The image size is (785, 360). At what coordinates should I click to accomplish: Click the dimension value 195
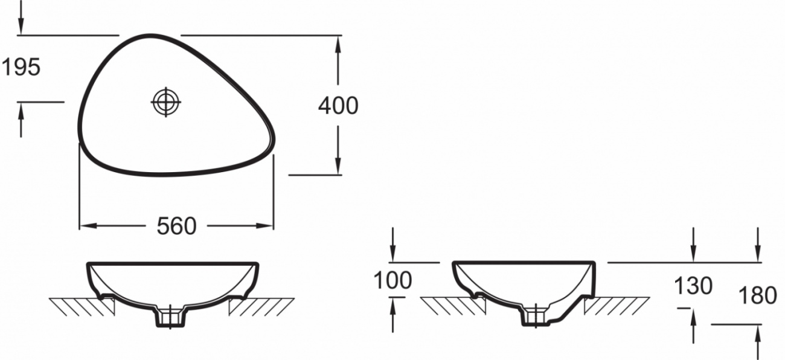click(x=21, y=67)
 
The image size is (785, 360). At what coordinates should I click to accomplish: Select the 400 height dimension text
click(x=338, y=106)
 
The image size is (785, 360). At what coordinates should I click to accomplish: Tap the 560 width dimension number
click(x=176, y=226)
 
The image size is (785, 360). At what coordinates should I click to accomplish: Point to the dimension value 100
click(x=392, y=280)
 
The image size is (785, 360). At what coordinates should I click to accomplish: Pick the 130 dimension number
click(x=693, y=286)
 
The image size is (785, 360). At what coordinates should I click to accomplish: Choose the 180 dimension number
click(x=758, y=295)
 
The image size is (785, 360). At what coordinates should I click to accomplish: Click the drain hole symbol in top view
click(x=166, y=102)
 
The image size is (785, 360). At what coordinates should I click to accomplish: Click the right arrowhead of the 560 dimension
click(x=265, y=226)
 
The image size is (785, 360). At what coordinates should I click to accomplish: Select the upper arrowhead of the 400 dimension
click(x=338, y=44)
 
